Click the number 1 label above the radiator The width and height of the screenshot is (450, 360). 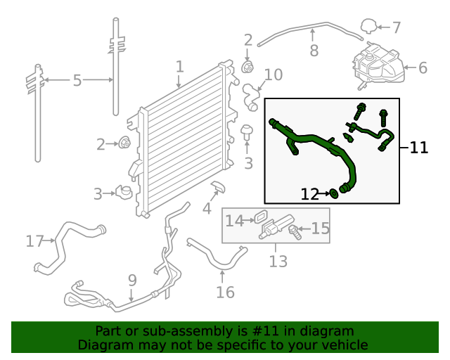(x=180, y=67)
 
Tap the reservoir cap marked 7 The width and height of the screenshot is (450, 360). (x=368, y=27)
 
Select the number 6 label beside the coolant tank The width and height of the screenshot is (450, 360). (x=423, y=68)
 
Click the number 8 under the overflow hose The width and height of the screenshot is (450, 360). (x=314, y=51)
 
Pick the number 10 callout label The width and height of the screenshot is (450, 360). (x=273, y=75)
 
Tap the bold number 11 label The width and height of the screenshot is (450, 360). (x=419, y=148)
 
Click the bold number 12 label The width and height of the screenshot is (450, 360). (x=310, y=194)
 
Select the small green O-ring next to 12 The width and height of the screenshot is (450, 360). (x=333, y=193)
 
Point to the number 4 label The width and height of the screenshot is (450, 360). (x=207, y=209)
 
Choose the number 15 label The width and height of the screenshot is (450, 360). (x=321, y=228)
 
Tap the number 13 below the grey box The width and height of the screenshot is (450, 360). (x=278, y=262)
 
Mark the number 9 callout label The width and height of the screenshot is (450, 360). (x=132, y=281)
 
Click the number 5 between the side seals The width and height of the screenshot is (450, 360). (x=77, y=81)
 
